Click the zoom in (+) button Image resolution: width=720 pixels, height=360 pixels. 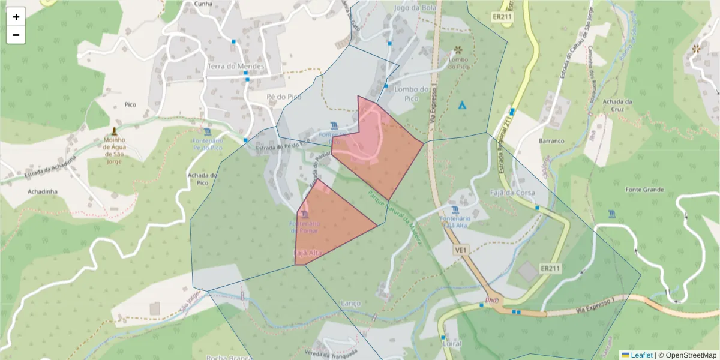(x=16, y=17)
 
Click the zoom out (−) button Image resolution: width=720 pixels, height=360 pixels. (x=16, y=35)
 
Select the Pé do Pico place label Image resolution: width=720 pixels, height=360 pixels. (x=284, y=96)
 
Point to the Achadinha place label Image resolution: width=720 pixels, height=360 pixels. (x=42, y=191)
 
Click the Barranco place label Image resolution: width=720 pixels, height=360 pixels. (x=551, y=141)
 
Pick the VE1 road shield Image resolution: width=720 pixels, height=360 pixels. (x=461, y=250)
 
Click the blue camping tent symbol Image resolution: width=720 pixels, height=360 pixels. (x=462, y=105)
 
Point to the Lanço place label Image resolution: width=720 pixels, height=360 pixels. (x=350, y=303)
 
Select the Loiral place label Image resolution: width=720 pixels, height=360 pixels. (x=451, y=344)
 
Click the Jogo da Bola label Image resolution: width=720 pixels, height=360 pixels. (x=414, y=8)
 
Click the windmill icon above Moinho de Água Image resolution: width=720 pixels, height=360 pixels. (x=114, y=131)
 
